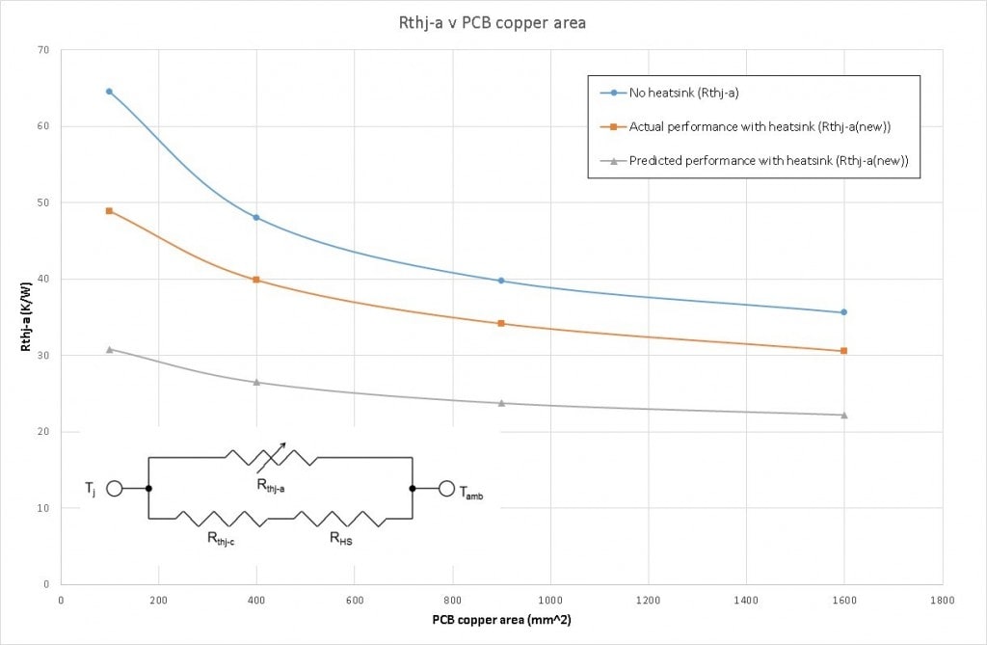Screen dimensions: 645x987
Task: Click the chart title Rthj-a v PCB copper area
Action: pos(493,22)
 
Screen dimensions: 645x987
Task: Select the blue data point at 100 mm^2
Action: pos(109,92)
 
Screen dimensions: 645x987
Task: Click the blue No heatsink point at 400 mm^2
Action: pos(256,218)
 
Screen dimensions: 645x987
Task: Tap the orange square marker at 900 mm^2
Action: pos(501,323)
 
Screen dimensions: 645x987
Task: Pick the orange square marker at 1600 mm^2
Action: pos(844,351)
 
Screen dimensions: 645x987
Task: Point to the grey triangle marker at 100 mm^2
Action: pos(109,349)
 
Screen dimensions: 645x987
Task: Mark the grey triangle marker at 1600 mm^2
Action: pos(844,415)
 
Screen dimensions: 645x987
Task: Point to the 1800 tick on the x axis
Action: pos(943,599)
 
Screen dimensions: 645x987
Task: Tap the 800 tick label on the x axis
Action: pos(452,599)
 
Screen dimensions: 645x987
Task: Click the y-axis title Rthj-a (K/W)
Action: pos(26,317)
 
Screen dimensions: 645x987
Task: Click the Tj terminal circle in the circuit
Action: pos(114,489)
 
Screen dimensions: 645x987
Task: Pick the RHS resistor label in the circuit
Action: pos(341,540)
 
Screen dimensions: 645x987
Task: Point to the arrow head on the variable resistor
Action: pos(283,445)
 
